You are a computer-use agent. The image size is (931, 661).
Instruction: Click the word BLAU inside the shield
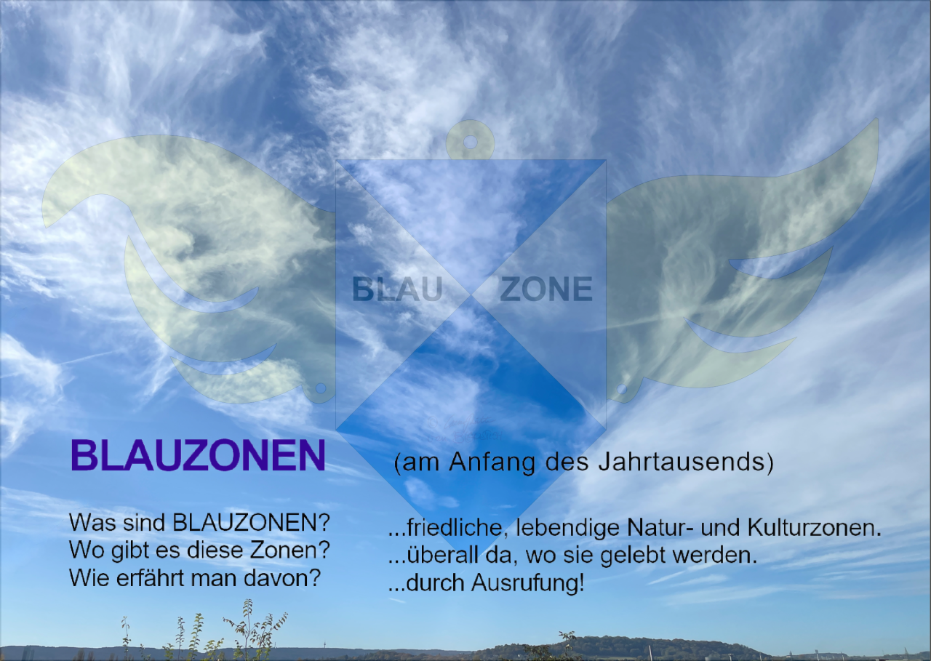point(397,289)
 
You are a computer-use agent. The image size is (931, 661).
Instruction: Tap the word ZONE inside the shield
point(546,289)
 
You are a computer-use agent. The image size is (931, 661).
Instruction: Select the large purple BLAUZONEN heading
point(198,456)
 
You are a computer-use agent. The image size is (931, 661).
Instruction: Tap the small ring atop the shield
point(470,141)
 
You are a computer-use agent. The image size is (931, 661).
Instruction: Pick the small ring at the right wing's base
point(621,390)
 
